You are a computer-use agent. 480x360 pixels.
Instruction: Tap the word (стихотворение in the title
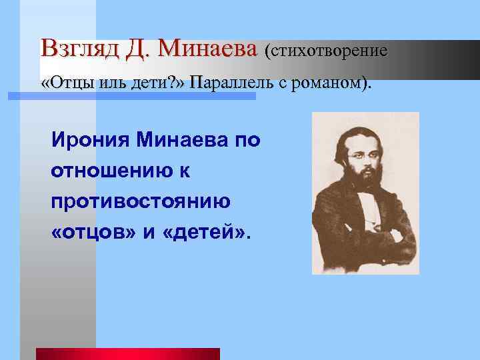pyautogui.click(x=326, y=50)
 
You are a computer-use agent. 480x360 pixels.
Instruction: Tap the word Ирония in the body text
pyautogui.click(x=91, y=141)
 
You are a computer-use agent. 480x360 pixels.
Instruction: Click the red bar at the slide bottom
pyautogui.click(x=127, y=354)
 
